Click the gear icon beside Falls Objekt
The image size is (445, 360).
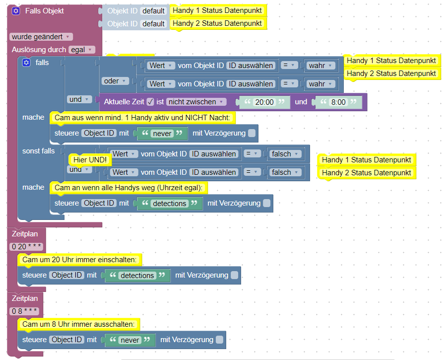pos(16,11)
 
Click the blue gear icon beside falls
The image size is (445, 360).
pos(27,63)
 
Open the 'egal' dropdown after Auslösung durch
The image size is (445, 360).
pos(82,50)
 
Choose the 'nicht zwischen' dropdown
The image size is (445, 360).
pos(196,102)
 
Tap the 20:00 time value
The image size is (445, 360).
pos(264,102)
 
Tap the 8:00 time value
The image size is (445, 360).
pos(339,102)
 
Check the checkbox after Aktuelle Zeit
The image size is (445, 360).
pos(150,102)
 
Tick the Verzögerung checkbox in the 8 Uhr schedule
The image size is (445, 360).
pos(219,340)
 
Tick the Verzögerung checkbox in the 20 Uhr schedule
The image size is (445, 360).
pos(234,275)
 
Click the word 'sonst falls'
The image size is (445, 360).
pos(39,150)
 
